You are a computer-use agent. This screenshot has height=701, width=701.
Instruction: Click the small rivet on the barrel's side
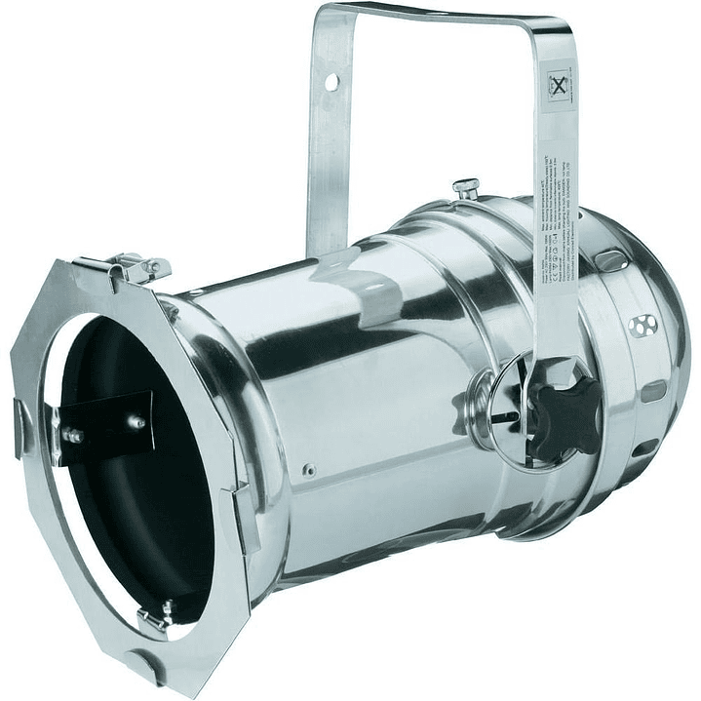click(309, 470)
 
